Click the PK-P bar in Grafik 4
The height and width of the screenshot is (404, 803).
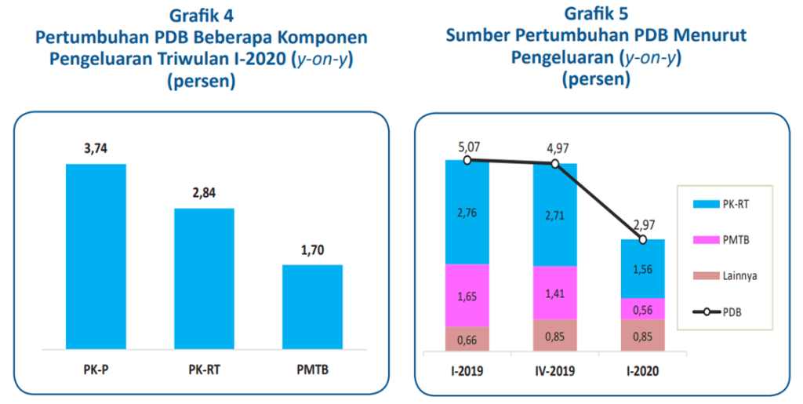click(x=96, y=255)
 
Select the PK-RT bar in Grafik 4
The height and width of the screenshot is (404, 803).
click(x=204, y=278)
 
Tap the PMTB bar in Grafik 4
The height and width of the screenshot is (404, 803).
click(x=312, y=306)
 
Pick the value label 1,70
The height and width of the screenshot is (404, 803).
click(x=312, y=251)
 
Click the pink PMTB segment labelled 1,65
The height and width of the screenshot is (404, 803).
click(x=467, y=295)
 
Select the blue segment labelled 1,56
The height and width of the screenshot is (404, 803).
click(x=642, y=268)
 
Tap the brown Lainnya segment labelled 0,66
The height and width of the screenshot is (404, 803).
click(x=467, y=338)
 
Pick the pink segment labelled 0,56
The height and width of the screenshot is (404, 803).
click(x=642, y=309)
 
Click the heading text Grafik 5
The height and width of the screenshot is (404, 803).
click(x=595, y=13)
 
